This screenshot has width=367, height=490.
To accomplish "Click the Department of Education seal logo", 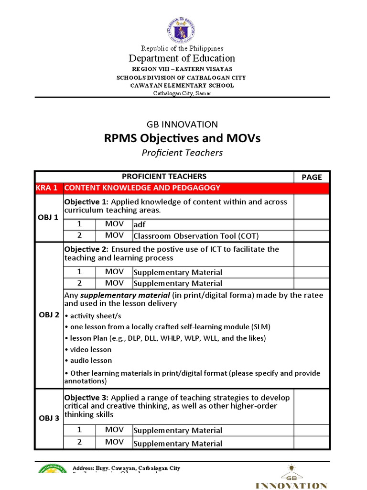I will (x=183, y=28).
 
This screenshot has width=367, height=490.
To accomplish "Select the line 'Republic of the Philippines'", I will (x=183, y=48).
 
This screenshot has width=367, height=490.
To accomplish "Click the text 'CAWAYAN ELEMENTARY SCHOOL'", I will (x=183, y=85).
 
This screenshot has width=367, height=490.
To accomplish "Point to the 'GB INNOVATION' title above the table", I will (x=183, y=124).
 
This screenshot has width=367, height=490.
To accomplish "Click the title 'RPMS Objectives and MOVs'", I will (x=183, y=138).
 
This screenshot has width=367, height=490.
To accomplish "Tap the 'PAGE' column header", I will (x=312, y=177).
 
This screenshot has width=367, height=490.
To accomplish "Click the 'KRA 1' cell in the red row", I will (x=47, y=188).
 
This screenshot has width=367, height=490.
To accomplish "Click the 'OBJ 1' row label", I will (x=48, y=218).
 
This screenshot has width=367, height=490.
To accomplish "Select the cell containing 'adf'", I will (x=139, y=224).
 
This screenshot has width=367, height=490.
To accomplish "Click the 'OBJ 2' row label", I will (x=48, y=315).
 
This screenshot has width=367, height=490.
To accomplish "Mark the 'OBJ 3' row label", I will (x=48, y=418).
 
